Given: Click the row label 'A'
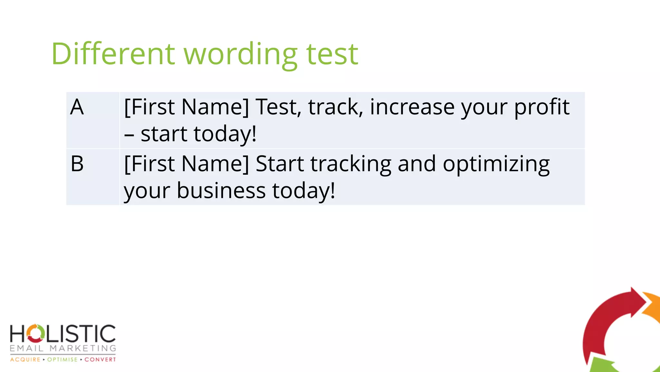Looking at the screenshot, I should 77,107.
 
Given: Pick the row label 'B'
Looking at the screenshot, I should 77,164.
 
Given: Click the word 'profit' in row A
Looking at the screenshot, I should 541,108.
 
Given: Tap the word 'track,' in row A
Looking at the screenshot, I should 335,107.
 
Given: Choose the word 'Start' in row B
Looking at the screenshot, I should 280,164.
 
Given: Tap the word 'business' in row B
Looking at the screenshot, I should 221,191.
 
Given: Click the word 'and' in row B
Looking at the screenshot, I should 417,164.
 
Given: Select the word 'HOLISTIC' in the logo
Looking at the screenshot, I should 63,334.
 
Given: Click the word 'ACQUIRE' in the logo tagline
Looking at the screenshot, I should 25,359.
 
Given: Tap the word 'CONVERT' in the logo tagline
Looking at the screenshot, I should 100,359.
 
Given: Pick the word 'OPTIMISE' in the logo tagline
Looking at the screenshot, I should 63,359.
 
